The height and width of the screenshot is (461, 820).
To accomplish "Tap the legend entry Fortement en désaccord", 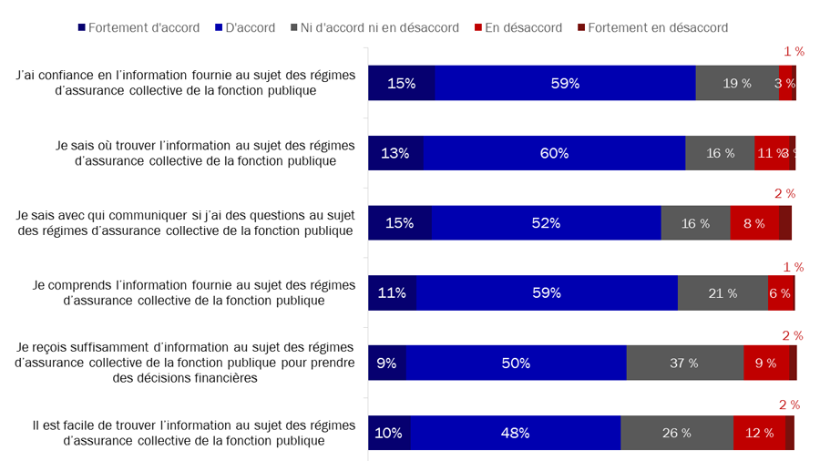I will pyautogui.click(x=651, y=27).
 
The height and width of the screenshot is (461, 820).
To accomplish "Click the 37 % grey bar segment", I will pyautogui.click(x=684, y=363).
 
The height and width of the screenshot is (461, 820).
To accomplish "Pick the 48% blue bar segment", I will pyautogui.click(x=516, y=433).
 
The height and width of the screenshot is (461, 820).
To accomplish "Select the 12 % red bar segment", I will pyautogui.click(x=759, y=433).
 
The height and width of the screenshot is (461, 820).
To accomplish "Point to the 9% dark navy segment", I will pyautogui.click(x=386, y=363).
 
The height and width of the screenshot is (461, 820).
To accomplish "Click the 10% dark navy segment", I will pyautogui.click(x=389, y=433).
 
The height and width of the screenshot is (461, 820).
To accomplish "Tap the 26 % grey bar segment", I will pyautogui.click(x=677, y=433).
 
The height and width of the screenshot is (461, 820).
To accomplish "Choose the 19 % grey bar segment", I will pyautogui.click(x=737, y=83).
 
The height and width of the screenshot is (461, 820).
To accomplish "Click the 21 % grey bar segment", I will pyautogui.click(x=723, y=292).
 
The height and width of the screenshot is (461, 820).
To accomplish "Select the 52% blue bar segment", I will pyautogui.click(x=546, y=223).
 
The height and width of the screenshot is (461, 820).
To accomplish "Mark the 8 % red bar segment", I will pyautogui.click(x=754, y=223).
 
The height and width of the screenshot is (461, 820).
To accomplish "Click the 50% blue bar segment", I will pyautogui.click(x=516, y=363).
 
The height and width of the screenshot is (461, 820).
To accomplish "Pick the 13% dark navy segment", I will pyautogui.click(x=395, y=153).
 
